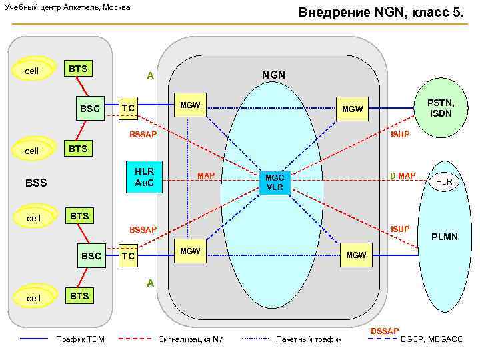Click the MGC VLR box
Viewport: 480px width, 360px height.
tap(275, 182)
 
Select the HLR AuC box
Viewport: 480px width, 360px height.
tap(144, 177)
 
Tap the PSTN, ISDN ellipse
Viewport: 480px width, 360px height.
tap(441, 108)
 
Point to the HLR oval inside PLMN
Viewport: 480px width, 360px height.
tap(444, 182)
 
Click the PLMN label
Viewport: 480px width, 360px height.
tap(444, 237)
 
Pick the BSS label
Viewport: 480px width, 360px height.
tap(36, 182)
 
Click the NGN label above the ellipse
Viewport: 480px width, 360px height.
tap(273, 75)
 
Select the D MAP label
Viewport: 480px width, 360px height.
tap(403, 176)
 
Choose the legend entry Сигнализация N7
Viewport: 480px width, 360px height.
tap(190, 339)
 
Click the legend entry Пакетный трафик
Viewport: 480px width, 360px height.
tap(309, 339)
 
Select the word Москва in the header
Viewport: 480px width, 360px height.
tap(115, 7)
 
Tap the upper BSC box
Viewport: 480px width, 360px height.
tap(90, 109)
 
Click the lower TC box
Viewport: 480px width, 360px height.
tap(129, 256)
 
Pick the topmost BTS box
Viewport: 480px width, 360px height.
tap(79, 69)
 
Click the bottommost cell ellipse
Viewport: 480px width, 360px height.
tap(33, 297)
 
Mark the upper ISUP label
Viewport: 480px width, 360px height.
tap(400, 135)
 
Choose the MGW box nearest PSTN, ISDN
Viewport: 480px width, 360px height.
tap(352, 109)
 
